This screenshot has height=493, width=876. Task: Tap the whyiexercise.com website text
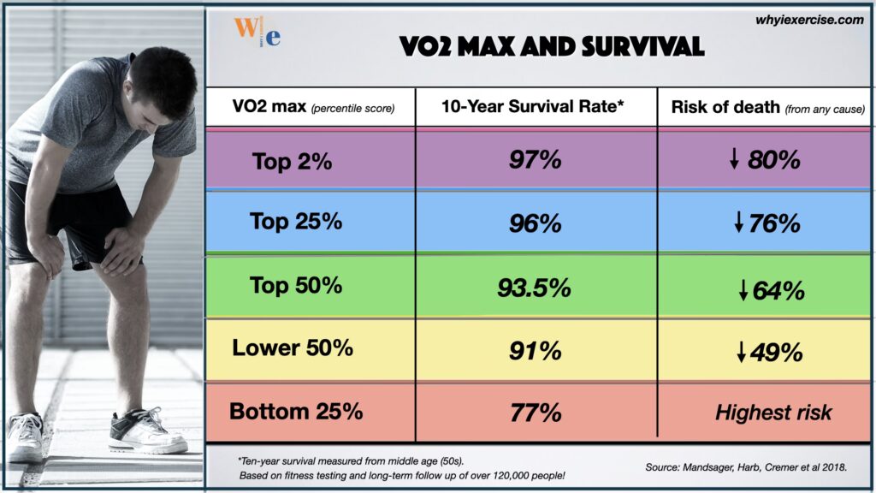click(809, 20)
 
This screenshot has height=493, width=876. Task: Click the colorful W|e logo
click(257, 32)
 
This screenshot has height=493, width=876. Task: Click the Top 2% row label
click(292, 160)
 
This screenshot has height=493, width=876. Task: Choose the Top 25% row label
click(295, 221)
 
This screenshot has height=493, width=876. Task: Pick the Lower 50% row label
click(292, 348)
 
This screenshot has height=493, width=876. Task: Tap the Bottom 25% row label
click(295, 411)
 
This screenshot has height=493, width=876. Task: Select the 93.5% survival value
click(535, 288)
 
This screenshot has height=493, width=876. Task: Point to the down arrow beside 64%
click(743, 291)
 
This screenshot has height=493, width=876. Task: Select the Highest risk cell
click(772, 413)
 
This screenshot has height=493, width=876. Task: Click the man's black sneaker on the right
click(146, 433)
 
